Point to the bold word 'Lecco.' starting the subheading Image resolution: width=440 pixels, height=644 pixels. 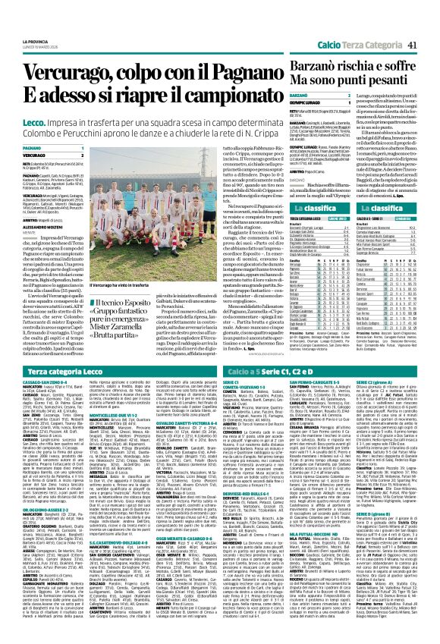tap(36, 90)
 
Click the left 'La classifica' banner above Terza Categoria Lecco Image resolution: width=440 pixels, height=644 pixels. tap(307, 184)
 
